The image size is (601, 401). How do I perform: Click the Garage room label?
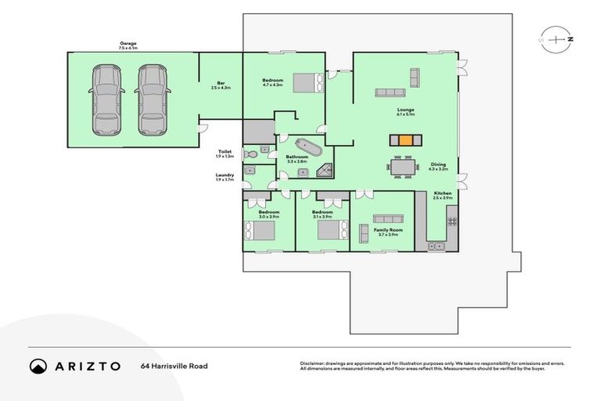[x=128, y=45]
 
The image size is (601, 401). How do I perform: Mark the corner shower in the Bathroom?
[x=326, y=167]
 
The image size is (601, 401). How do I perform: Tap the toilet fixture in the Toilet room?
[x=251, y=153]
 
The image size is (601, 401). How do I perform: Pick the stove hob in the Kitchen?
[x=452, y=222]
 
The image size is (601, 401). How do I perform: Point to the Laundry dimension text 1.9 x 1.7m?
[x=224, y=180]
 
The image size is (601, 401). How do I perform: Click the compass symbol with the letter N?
[x=556, y=38]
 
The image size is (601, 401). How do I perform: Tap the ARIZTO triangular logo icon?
[x=38, y=366]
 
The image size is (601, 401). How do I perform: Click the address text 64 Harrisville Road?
[x=175, y=366]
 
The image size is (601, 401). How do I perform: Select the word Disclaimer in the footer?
[x=313, y=363]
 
